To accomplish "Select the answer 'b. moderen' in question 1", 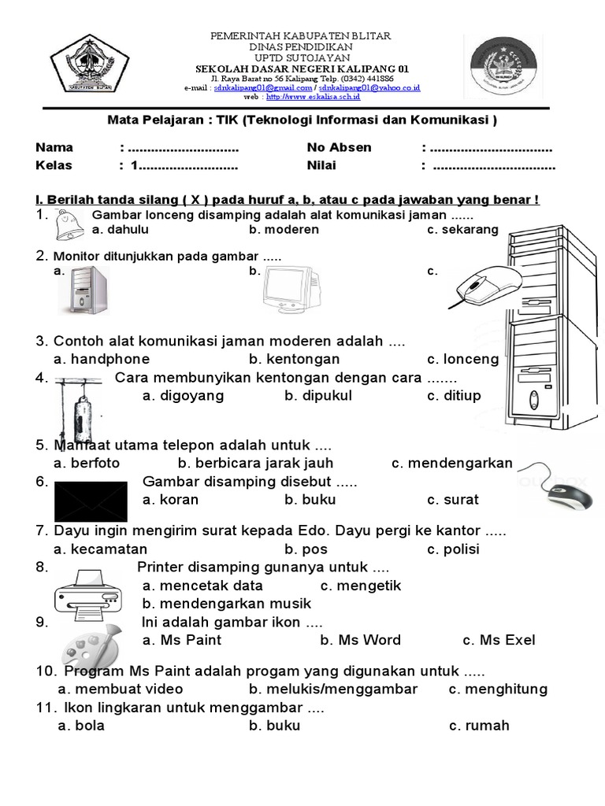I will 284,230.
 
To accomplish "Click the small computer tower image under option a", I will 84,291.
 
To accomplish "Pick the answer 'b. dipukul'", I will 317,395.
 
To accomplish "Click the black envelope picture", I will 90,501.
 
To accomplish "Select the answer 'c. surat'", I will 452,500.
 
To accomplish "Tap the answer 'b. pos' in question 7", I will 306,549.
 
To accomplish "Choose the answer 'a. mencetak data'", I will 202,586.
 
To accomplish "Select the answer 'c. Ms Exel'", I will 499,640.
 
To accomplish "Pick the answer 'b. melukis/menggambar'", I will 332,689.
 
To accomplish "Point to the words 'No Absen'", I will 339,147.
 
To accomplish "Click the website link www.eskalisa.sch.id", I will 313,97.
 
